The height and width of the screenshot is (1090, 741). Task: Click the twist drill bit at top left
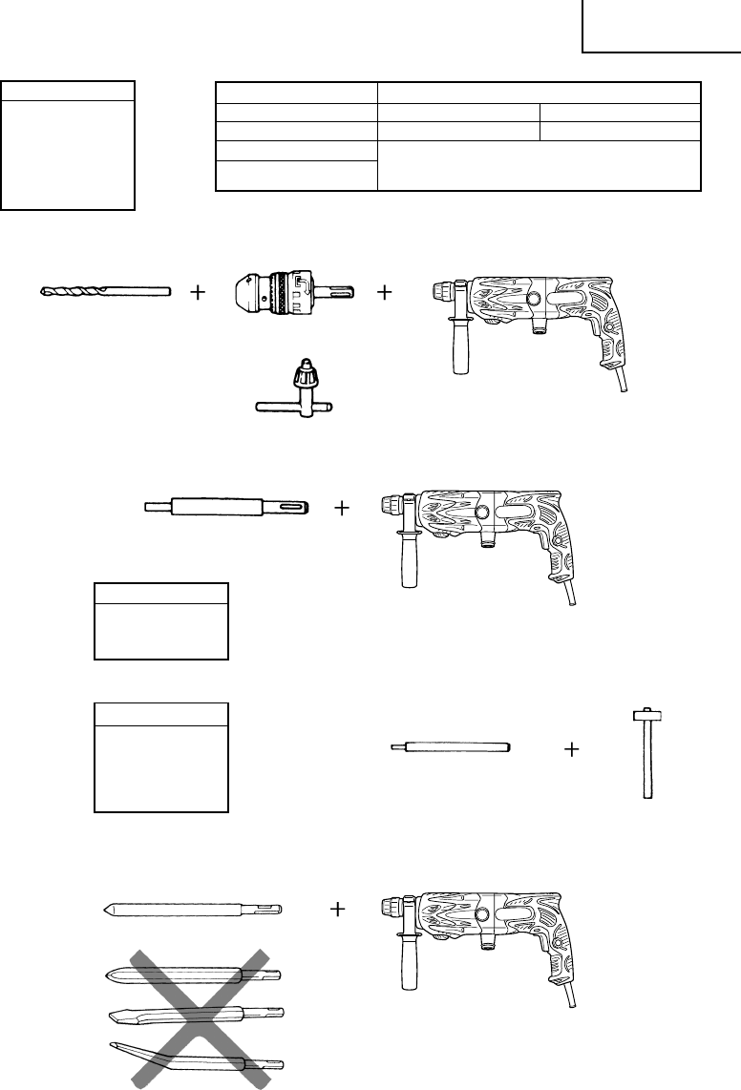point(105,290)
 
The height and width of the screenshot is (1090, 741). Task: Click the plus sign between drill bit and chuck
point(198,292)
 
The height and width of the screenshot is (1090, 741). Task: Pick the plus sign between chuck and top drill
point(385,292)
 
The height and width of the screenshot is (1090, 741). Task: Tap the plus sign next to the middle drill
point(342,509)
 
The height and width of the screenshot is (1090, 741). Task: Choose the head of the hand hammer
point(647,714)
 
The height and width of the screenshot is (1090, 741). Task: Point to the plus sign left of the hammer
point(572,751)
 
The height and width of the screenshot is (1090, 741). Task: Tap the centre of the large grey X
point(201,1016)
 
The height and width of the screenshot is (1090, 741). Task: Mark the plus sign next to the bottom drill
point(337,910)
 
